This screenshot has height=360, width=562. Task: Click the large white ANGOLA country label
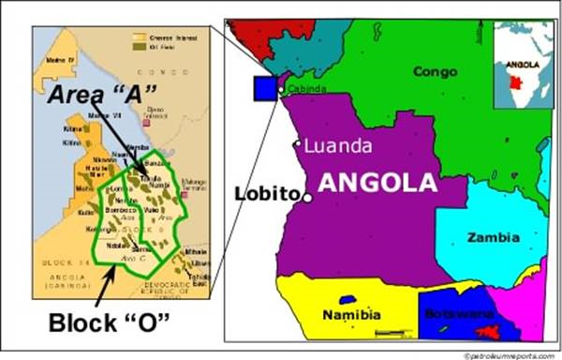(x=377, y=183)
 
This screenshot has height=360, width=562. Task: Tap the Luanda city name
(x=339, y=145)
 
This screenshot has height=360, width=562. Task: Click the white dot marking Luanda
(x=298, y=144)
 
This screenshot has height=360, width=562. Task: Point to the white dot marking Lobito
(x=307, y=198)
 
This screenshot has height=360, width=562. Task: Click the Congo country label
(x=435, y=71)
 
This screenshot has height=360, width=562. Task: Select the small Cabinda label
(x=308, y=89)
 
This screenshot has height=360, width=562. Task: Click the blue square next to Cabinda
(x=266, y=88)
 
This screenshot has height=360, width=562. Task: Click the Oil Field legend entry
(x=160, y=44)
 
